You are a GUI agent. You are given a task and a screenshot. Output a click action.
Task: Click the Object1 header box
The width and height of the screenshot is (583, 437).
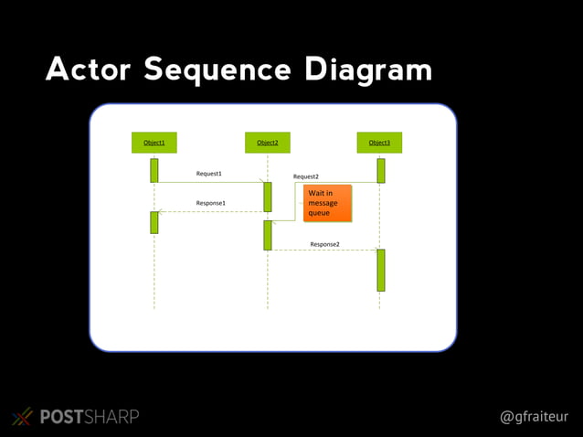154,143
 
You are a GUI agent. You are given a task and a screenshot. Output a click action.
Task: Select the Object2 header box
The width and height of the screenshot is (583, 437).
268,143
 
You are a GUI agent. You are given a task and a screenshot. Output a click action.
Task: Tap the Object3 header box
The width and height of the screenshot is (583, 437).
379,143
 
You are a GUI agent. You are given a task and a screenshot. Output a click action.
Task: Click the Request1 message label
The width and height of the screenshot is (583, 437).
209,173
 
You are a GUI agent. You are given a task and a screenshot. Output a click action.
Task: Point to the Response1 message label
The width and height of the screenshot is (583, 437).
211,203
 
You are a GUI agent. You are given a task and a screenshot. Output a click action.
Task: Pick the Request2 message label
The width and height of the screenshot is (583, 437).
306,176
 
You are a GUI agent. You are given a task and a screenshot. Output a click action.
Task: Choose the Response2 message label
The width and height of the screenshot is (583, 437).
324,244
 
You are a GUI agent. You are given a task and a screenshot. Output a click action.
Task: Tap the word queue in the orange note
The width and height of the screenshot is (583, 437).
319,213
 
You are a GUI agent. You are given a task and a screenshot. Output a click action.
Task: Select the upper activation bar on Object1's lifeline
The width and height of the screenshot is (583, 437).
154,170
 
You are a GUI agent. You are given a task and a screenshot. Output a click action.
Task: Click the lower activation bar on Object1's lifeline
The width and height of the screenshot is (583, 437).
154,222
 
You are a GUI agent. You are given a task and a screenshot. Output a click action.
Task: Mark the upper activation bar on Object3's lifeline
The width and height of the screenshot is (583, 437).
380,170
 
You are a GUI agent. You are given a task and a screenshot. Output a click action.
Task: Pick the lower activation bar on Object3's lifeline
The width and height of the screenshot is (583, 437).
380,270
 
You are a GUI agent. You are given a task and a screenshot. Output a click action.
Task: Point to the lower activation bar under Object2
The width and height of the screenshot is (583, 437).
268,235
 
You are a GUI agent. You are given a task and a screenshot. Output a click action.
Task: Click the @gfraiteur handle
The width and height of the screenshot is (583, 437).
534,417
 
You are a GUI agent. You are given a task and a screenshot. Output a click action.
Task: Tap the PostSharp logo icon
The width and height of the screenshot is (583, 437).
22,417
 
